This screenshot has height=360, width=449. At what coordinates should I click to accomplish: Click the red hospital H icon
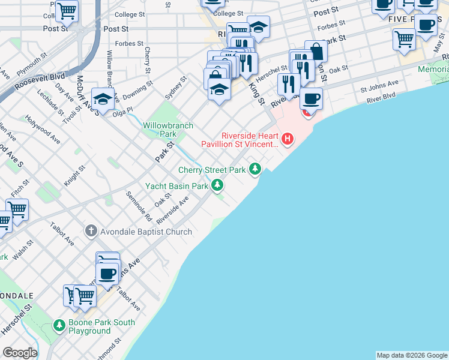[288, 139]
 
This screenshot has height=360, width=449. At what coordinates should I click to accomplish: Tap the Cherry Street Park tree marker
[256, 170]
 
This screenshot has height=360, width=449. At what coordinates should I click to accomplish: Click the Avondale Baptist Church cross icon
[91, 230]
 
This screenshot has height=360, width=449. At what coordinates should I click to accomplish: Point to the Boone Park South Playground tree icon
[59, 325]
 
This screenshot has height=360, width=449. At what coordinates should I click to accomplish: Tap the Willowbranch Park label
[160, 130]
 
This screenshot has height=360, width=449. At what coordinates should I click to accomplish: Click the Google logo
[19, 353]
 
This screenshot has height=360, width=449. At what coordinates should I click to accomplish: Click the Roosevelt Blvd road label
[40, 80]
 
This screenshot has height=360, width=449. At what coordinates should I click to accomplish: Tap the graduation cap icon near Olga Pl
[103, 100]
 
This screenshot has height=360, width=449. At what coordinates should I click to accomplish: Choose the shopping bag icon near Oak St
[316, 52]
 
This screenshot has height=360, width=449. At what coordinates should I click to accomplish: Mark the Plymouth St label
[32, 64]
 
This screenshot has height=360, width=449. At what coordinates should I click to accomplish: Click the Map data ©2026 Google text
[412, 355]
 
